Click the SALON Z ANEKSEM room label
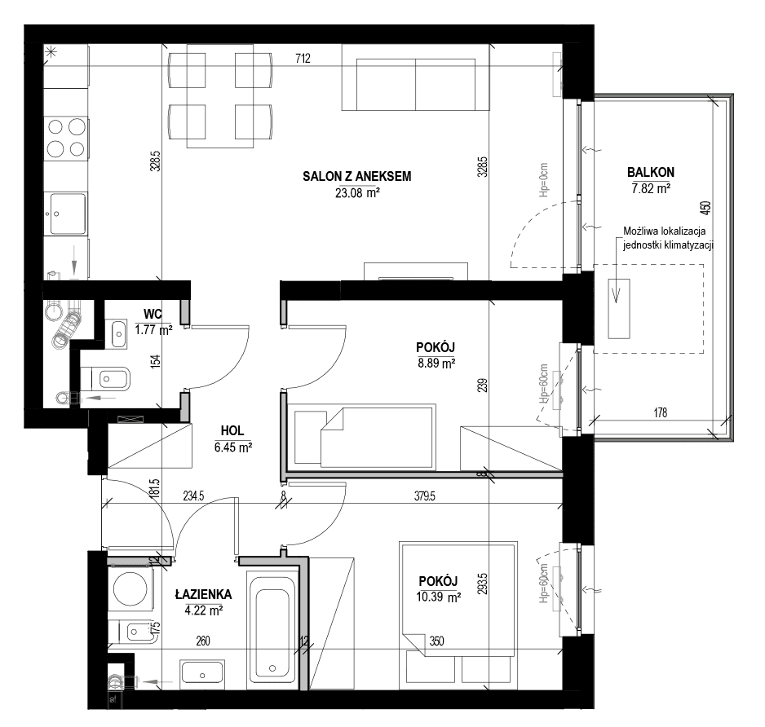pos(356,177)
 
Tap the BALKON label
pos(650,172)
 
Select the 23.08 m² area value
pos(357,193)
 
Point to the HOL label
pos(232,431)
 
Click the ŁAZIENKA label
pos(203,594)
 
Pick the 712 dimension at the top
pos(303,59)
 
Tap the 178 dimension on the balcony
pos(660,413)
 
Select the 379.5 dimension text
pos(424,496)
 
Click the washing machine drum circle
pos(130,588)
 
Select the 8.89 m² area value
pos(436,363)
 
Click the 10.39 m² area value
pos(439,597)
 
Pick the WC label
pos(153,314)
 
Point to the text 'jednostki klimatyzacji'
pos(669,245)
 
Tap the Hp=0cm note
pos(544,180)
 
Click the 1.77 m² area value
pos(153,330)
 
